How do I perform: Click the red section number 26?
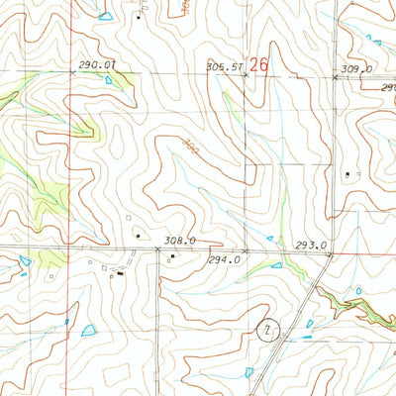coord(259,63)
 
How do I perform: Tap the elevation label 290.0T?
coord(97,64)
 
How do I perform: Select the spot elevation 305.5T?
coord(224,67)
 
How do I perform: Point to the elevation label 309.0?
coord(356,68)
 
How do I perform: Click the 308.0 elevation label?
coord(179,240)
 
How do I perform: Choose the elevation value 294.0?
coord(224,260)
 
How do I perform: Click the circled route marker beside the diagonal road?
coord(266,329)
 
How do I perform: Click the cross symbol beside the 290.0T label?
coord(72,73)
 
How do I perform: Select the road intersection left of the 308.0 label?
coord(158,249)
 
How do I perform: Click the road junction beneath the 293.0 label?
coord(330,252)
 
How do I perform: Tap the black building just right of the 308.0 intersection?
coord(173,257)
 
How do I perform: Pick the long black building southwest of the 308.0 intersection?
coord(121,273)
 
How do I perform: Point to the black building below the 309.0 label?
coord(347,175)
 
